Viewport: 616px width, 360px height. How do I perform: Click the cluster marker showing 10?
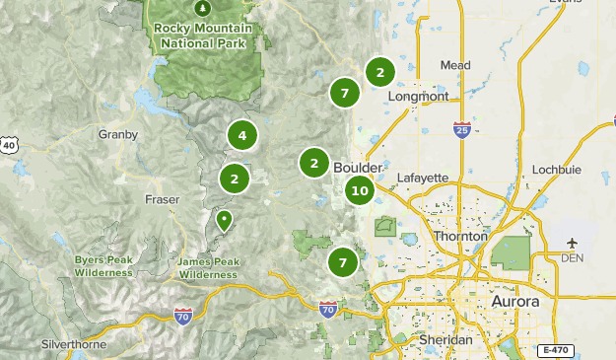tap(360, 190)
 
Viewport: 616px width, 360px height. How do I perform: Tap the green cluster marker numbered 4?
tap(241, 135)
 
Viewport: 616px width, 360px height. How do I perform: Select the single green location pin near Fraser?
tap(225, 220)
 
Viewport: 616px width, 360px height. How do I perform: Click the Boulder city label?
tap(357, 167)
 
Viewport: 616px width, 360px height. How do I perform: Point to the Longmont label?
tap(419, 97)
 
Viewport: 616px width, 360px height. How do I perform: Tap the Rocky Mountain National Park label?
tap(203, 36)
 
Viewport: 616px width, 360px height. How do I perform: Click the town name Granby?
tap(117, 133)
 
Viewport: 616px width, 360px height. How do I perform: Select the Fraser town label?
tap(162, 199)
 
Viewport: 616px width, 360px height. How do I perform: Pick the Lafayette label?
tap(422, 178)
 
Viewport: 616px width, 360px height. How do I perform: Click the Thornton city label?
tap(459, 237)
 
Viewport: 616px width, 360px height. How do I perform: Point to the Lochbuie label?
tap(556, 170)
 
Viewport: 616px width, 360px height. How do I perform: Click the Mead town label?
tap(455, 66)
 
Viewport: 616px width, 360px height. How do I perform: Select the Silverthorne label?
tap(75, 345)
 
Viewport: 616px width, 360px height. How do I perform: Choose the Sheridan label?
tap(445, 338)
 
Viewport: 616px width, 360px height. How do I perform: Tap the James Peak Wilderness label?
tap(208, 268)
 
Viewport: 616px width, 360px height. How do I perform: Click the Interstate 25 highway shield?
tap(462, 128)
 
